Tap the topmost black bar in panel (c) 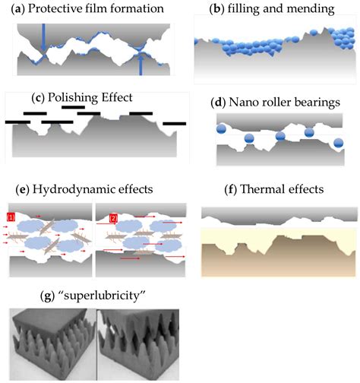pos(73,107)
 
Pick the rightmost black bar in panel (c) pos(174,122)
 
